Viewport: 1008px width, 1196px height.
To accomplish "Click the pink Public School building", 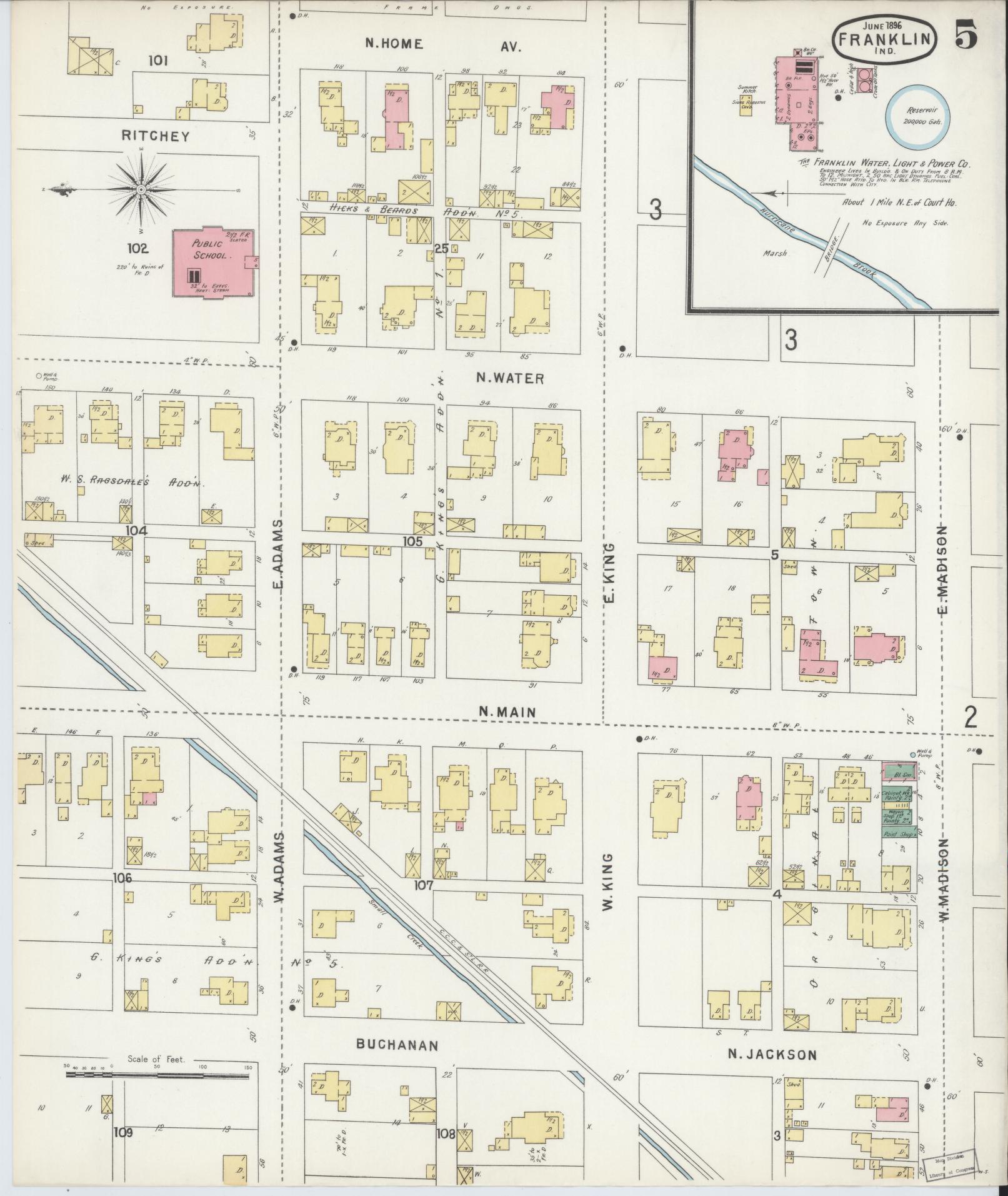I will click(x=212, y=263).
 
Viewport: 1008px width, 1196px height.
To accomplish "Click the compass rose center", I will click(x=141, y=189).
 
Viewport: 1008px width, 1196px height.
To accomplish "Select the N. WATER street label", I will click(x=510, y=378).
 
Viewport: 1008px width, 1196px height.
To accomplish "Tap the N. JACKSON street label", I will click(x=772, y=1055).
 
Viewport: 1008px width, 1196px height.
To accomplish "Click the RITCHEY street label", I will click(x=155, y=136).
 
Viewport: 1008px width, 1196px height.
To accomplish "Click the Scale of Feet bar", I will click(x=159, y=1075).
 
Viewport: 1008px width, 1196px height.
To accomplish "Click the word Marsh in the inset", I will click(x=775, y=254).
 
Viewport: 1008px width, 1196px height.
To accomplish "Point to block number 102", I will click(x=137, y=249).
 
